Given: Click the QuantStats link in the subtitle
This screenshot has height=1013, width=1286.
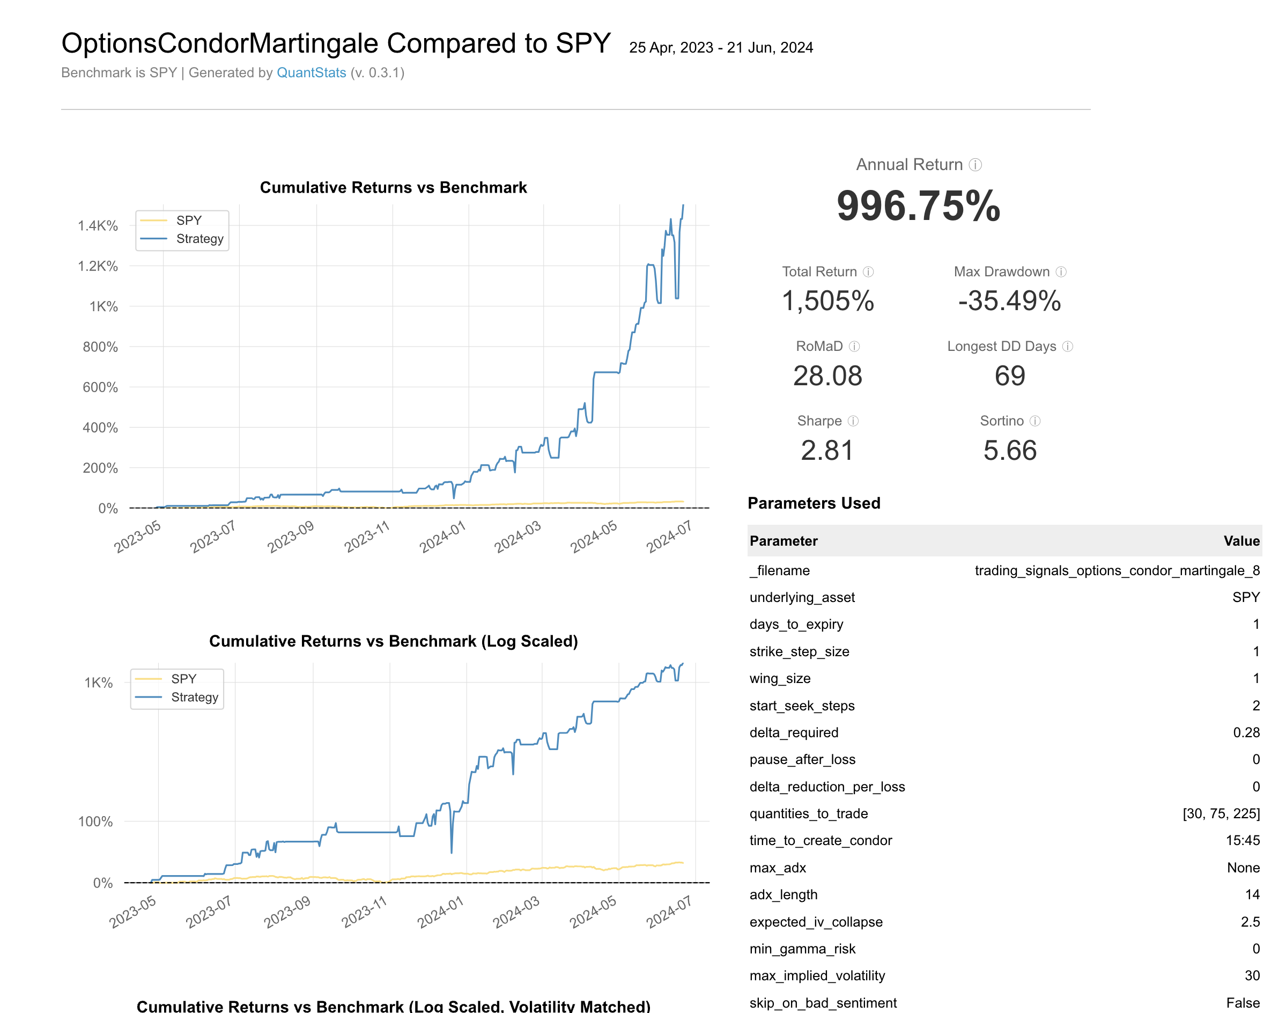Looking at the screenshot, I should (311, 73).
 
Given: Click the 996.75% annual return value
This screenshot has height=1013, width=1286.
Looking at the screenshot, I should (918, 207).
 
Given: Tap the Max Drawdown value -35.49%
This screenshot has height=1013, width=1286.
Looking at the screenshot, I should (1009, 300).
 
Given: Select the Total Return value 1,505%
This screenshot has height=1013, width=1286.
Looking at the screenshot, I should (827, 300).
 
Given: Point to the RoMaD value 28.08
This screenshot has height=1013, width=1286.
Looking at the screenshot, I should (827, 376).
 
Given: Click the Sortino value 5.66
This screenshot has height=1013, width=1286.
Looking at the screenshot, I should (1009, 451).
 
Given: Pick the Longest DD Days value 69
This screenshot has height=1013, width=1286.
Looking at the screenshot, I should (1009, 376).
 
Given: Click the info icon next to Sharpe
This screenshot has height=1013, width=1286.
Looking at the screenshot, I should (853, 421).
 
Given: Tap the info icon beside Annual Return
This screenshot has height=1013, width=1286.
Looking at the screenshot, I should (975, 165).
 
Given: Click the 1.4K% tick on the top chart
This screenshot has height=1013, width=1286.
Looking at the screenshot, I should (98, 226).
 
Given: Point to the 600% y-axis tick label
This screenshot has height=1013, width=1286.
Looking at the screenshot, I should (100, 387).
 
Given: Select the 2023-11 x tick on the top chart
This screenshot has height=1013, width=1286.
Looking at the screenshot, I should (367, 536).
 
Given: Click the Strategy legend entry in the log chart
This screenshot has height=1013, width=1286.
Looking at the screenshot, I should (194, 698).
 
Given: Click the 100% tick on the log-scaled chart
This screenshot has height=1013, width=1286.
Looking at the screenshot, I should (95, 821).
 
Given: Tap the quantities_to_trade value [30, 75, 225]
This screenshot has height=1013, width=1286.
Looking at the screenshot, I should (1221, 814).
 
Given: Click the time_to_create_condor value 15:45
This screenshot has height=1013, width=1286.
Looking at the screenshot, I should (1243, 840).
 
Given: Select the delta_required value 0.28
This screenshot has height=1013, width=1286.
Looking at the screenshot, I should (1246, 732).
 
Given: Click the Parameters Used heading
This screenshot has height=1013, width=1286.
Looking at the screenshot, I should (814, 503).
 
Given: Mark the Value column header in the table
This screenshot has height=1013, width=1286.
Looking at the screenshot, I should (1241, 541).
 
